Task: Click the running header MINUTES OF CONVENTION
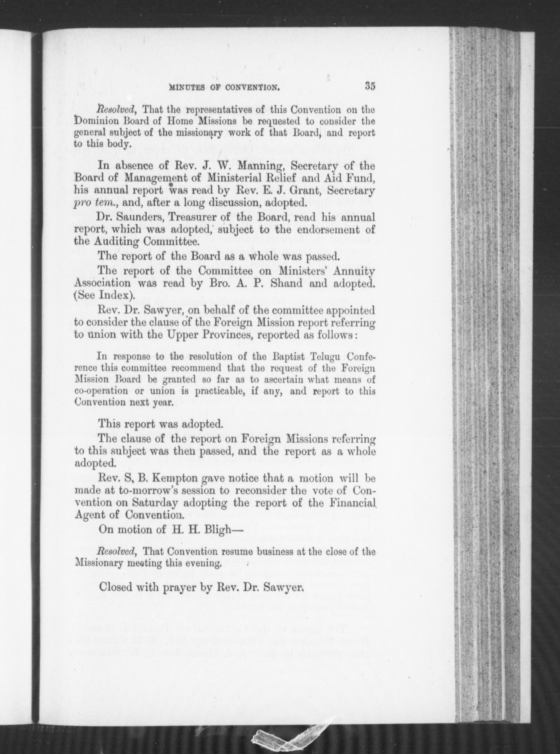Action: pos(224,88)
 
